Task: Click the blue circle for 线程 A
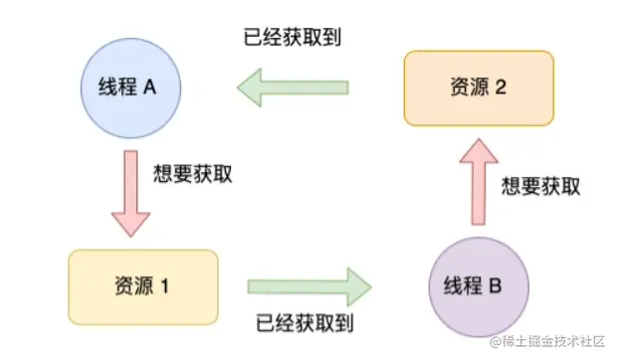[128, 87]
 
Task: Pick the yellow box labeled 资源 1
[142, 286]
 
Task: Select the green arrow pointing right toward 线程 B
[308, 286]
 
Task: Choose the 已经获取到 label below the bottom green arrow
[305, 322]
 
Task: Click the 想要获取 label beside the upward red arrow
[540, 186]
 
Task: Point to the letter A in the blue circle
[150, 87]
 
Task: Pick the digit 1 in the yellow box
[164, 286]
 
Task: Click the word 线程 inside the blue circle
[116, 87]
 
